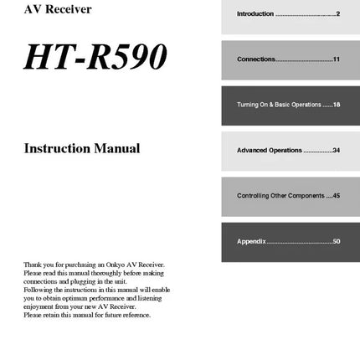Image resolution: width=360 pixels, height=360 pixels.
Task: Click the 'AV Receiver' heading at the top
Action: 58,9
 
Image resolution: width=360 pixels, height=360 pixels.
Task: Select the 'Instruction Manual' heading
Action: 81,149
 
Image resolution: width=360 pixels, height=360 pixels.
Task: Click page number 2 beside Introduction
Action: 337,14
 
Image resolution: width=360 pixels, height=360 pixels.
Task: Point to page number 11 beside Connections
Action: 336,59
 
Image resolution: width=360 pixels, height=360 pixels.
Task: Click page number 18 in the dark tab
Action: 336,105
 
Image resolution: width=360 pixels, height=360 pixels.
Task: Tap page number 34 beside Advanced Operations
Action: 336,150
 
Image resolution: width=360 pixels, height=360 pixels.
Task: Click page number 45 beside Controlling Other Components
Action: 336,195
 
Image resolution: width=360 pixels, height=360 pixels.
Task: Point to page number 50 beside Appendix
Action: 336,241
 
